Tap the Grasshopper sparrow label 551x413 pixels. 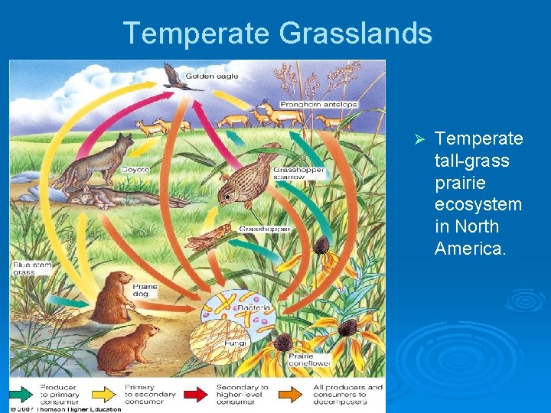299,173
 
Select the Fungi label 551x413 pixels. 235,344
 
